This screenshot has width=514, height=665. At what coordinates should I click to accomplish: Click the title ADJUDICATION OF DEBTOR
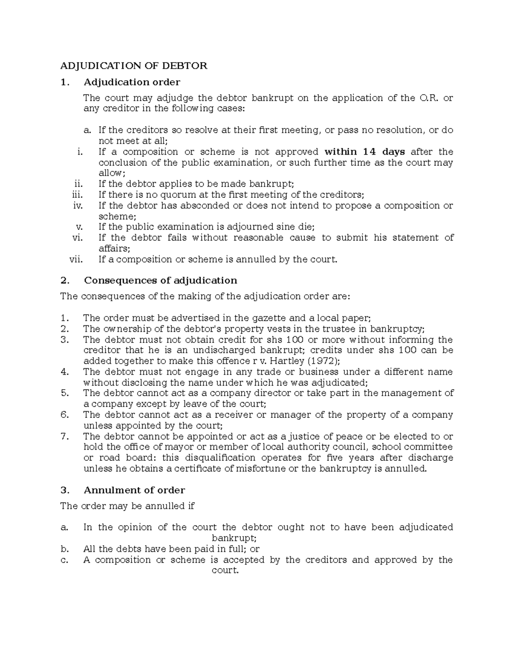click(134, 66)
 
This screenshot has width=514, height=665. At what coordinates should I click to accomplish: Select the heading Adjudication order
click(132, 82)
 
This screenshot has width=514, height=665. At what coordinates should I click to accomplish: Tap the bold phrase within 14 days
click(365, 152)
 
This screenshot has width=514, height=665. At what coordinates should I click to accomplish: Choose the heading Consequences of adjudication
click(160, 280)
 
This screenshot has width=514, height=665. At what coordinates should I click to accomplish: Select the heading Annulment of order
click(134, 490)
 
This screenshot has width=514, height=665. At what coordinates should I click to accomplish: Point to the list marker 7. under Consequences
click(65, 436)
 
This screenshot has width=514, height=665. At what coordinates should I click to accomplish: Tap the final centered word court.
click(225, 570)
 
